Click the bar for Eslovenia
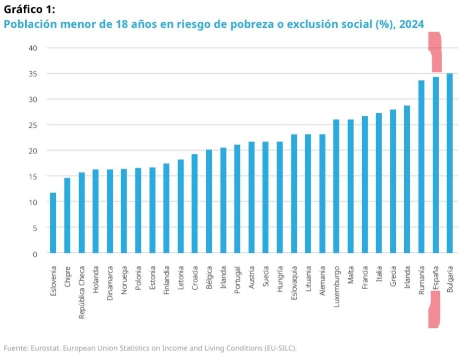click(53, 223)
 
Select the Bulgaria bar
click(450, 163)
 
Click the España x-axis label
click(436, 280)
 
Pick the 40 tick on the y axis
click(33, 48)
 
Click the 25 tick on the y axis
click(33, 125)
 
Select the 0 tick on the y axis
click(35, 254)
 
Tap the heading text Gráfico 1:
click(29, 9)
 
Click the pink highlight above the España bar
click(435, 52)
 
